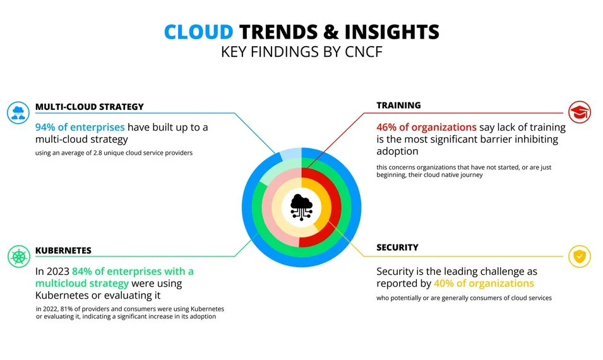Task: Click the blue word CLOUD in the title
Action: tap(198, 32)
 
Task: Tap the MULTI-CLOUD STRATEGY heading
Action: tap(89, 107)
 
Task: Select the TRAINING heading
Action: tap(398, 105)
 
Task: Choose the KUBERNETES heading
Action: tap(63, 250)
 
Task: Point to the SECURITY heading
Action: tap(397, 248)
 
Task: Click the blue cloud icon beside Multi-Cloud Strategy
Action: tap(18, 112)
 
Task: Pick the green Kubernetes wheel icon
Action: tap(19, 256)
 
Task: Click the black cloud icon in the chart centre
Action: tap(301, 206)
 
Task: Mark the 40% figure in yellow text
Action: tap(445, 283)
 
